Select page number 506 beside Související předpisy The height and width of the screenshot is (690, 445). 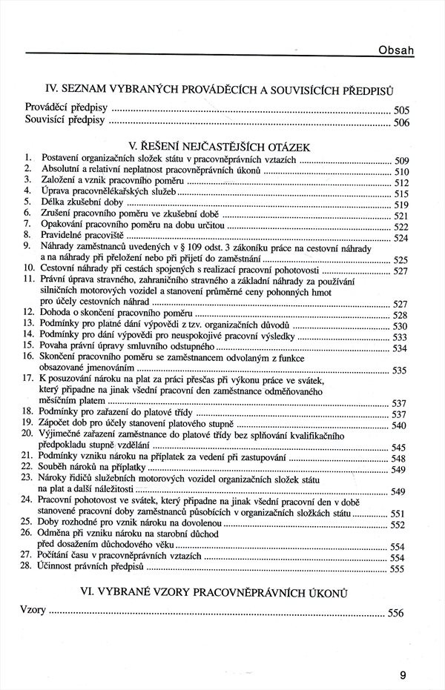click(x=400, y=123)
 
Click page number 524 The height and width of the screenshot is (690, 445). click(x=400, y=239)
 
